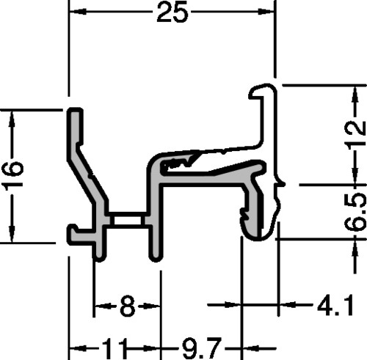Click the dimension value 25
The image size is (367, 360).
point(172,12)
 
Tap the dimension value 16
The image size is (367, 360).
point(13,174)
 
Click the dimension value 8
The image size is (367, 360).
point(128,306)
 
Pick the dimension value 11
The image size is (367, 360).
point(114,348)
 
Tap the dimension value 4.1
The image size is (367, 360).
point(335,305)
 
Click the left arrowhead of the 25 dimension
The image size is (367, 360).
point(78,11)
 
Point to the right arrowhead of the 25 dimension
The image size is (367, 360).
point(266,11)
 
